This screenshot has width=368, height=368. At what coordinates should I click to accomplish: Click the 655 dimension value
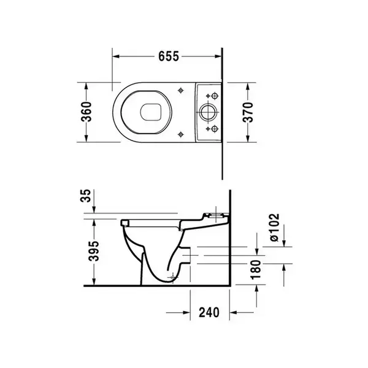pyautogui.click(x=169, y=56)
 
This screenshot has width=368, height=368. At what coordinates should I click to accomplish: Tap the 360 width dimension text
pyautogui.click(x=86, y=112)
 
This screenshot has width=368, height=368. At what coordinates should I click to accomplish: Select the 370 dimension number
pyautogui.click(x=248, y=112)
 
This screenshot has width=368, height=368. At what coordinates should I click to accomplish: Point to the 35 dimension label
pyautogui.click(x=85, y=196)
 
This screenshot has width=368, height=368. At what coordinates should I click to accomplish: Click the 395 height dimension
pyautogui.click(x=94, y=251)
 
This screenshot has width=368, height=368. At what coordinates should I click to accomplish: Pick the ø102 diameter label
pyautogui.click(x=274, y=227)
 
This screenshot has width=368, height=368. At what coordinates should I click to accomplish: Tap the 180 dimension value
pyautogui.click(x=256, y=270)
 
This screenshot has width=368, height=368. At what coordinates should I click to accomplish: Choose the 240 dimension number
pyautogui.click(x=209, y=312)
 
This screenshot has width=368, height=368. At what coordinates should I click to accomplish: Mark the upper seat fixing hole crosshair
pyautogui.click(x=180, y=90)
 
